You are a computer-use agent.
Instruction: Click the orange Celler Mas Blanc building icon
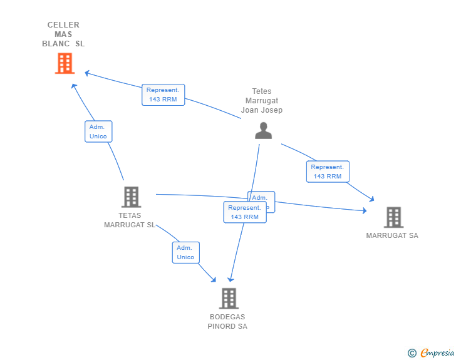(x=65, y=63)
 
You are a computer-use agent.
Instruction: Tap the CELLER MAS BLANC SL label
(x=63, y=34)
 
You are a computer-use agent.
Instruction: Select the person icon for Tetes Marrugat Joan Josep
(x=263, y=130)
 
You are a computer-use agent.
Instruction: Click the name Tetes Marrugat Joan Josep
(x=262, y=101)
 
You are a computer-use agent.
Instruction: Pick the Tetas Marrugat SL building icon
(x=131, y=197)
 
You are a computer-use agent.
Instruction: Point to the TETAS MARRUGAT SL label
(x=130, y=220)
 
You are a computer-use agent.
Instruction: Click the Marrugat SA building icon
(x=393, y=217)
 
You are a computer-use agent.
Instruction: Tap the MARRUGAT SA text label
(x=392, y=236)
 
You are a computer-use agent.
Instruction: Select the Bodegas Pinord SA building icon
(x=229, y=298)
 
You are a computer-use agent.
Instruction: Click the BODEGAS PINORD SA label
(x=227, y=322)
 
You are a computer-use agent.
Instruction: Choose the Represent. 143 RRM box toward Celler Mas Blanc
(x=163, y=95)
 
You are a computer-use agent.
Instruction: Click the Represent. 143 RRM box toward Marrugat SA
(x=328, y=172)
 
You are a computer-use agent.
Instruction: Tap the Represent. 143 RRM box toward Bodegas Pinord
(x=244, y=212)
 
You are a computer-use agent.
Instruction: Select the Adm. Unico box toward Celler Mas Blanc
(x=98, y=131)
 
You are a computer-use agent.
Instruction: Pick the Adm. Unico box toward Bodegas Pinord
(x=185, y=252)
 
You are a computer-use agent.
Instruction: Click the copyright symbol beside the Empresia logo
(x=412, y=353)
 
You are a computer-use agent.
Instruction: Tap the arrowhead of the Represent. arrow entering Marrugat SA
(x=371, y=199)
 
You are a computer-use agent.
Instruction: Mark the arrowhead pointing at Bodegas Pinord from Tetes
(x=231, y=279)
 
